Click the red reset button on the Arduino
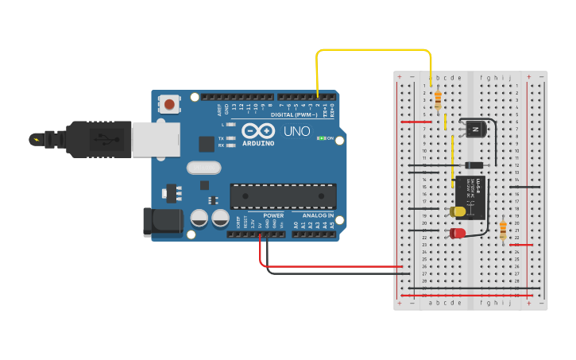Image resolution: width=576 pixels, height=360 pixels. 169,103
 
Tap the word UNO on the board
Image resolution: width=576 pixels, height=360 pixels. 296,130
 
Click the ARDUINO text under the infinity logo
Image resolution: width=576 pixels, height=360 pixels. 259,144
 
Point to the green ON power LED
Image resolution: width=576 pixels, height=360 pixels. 321,137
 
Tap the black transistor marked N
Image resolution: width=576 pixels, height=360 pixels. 474,128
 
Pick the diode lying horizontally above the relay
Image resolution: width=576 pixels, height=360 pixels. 474,165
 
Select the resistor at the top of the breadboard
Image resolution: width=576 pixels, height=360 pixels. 439,99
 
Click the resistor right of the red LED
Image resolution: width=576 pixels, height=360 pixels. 502,230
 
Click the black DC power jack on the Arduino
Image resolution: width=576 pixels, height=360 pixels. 158,221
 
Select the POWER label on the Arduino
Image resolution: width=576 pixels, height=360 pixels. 273,215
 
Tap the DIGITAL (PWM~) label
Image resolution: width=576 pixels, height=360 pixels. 294,115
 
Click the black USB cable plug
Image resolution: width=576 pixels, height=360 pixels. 95,139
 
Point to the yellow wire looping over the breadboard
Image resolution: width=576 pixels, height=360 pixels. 373,50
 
